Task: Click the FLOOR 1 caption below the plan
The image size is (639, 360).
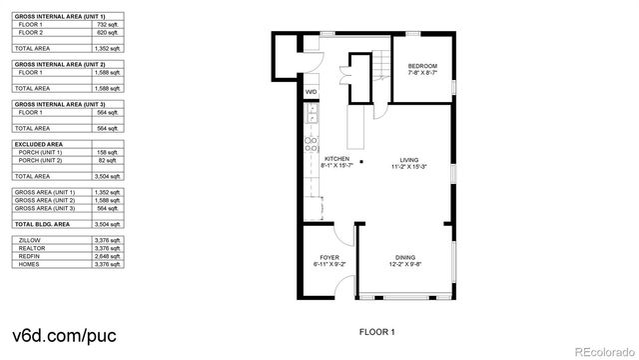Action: pyautogui.click(x=376, y=331)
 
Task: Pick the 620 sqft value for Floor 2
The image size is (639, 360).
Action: pyautogui.click(x=106, y=34)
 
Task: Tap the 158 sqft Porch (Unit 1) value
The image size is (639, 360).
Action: pyautogui.click(x=106, y=152)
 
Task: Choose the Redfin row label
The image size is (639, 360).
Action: pyautogui.click(x=27, y=257)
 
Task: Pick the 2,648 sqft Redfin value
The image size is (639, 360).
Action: pyautogui.click(x=106, y=257)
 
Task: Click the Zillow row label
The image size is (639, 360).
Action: pyautogui.click(x=27, y=241)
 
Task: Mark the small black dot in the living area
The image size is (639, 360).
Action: pyautogui.click(x=361, y=161)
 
